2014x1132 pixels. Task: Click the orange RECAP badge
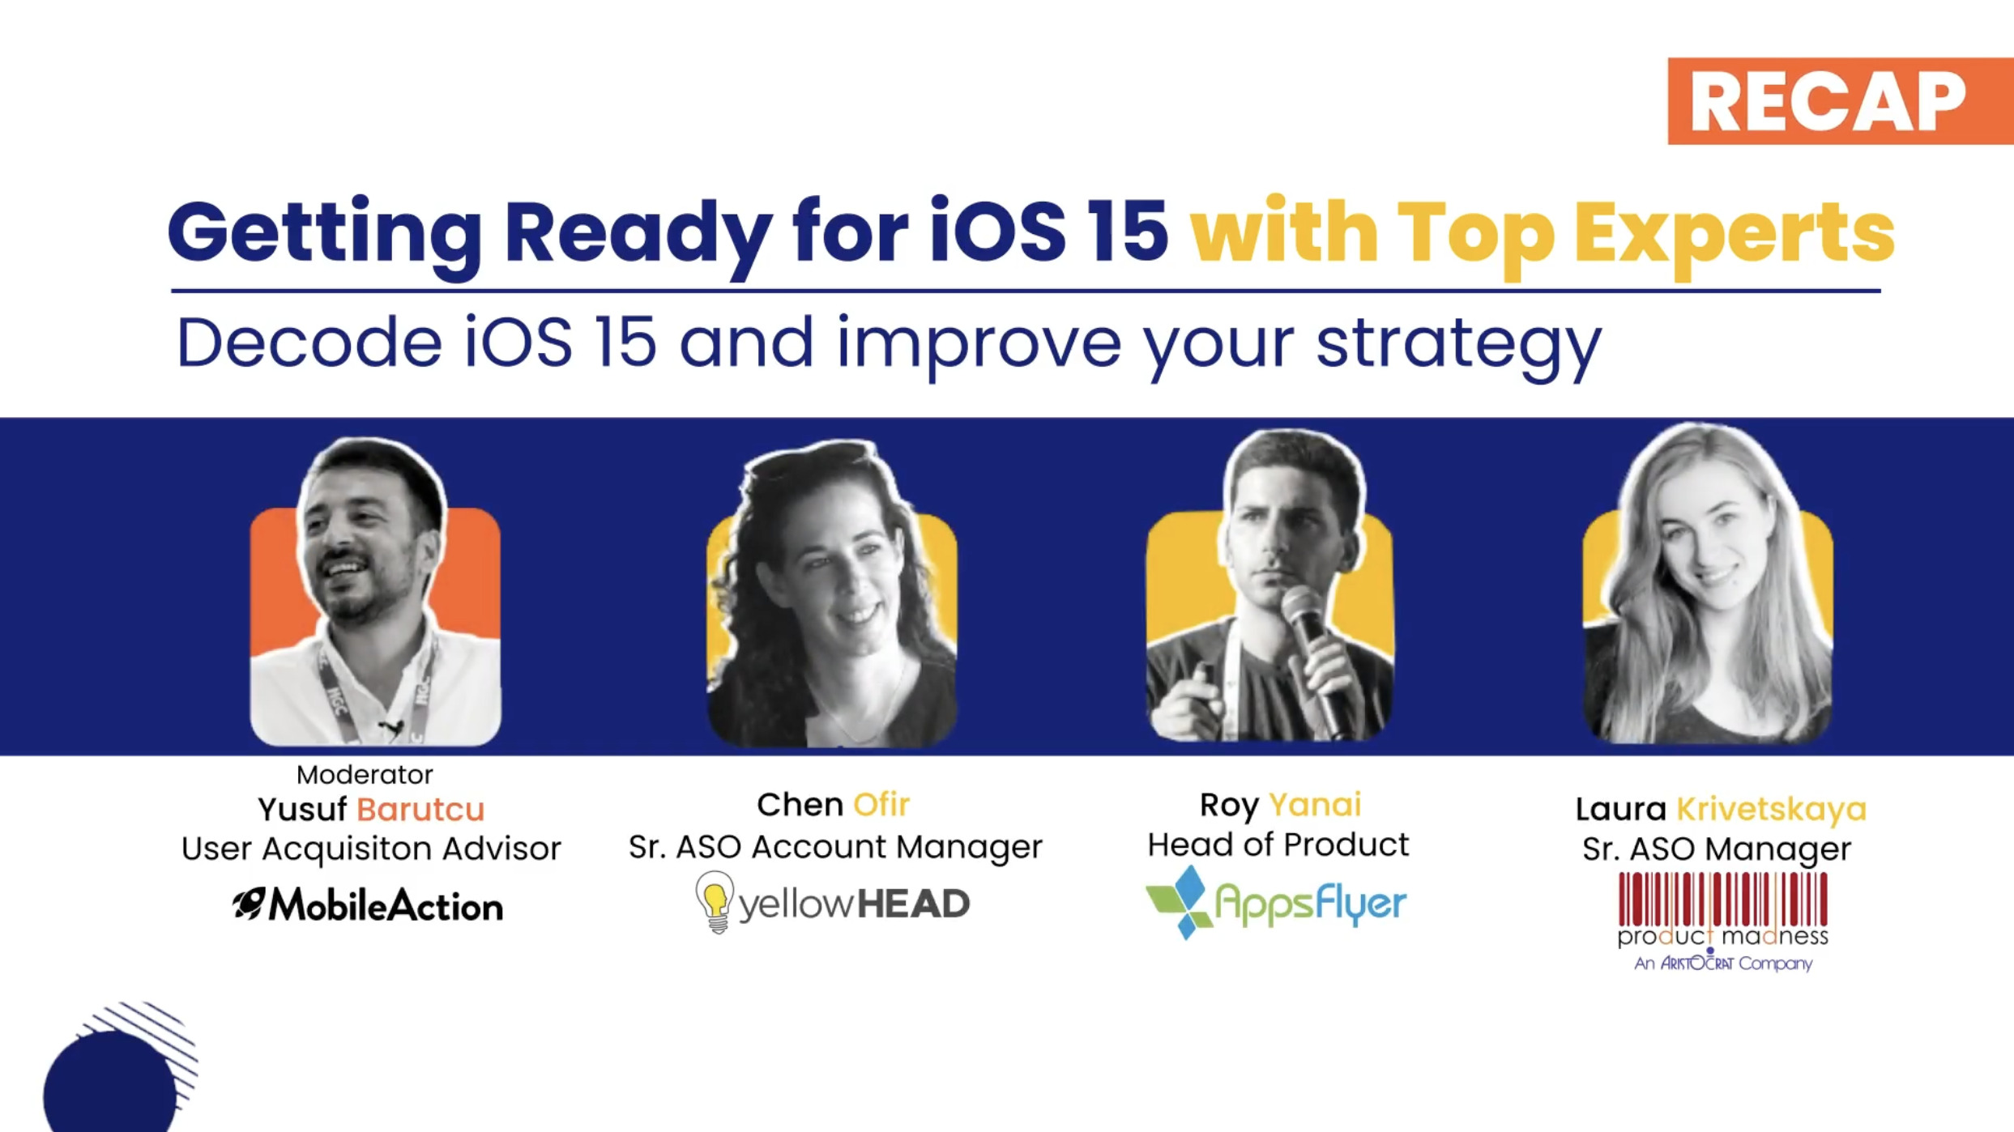(1841, 101)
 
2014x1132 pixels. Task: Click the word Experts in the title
(1735, 235)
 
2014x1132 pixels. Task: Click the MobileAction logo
(368, 905)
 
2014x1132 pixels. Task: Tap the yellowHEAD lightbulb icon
(715, 902)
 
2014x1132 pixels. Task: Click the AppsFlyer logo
(1276, 902)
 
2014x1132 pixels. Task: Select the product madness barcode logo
(1723, 921)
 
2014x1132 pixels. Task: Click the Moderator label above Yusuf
(365, 775)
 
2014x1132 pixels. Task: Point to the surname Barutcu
(420, 810)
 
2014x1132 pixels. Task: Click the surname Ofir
(881, 805)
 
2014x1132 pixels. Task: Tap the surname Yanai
(1315, 806)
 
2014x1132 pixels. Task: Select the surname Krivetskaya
(1772, 810)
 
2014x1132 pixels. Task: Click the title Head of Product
(1278, 845)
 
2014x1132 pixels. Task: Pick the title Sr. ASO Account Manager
(835, 847)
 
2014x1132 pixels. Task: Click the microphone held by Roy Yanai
(1316, 656)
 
